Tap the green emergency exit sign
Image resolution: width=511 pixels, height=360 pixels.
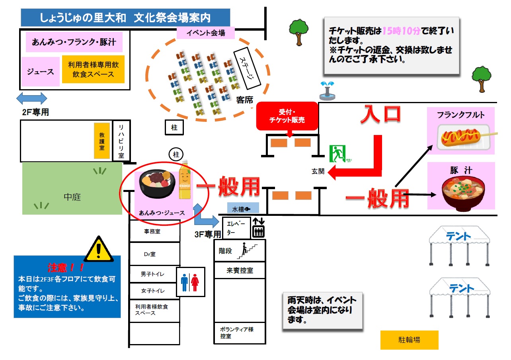tap(337, 153)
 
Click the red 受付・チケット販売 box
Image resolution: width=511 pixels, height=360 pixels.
tap(287, 116)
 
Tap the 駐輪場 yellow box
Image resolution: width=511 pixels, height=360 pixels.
tap(409, 340)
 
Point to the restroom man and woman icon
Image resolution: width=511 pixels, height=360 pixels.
tap(190, 282)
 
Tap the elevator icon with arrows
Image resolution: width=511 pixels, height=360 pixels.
tap(259, 227)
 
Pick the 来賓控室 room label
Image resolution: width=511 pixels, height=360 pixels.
tap(240, 271)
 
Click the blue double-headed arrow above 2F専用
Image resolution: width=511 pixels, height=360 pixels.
tap(31, 98)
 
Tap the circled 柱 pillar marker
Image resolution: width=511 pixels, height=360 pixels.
tap(174, 154)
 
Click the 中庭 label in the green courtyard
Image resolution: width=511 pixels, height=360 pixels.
tap(72, 197)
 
